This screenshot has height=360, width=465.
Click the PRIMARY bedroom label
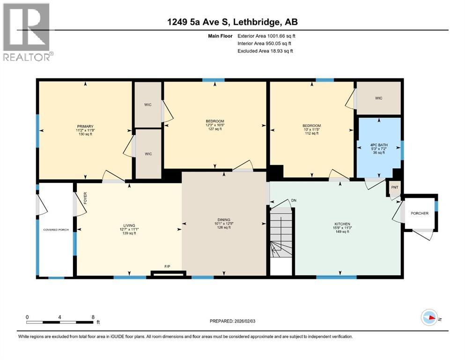click(86, 127)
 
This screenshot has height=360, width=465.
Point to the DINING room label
click(224, 220)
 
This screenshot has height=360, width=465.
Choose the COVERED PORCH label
click(55, 230)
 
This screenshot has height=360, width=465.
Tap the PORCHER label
click(419, 213)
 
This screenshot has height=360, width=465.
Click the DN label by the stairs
click(294, 201)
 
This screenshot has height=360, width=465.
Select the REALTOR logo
click(27, 32)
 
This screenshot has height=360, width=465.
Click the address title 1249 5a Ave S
click(232, 22)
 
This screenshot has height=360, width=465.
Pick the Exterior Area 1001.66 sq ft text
click(266, 36)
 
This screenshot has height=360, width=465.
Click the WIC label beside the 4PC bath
click(378, 98)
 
